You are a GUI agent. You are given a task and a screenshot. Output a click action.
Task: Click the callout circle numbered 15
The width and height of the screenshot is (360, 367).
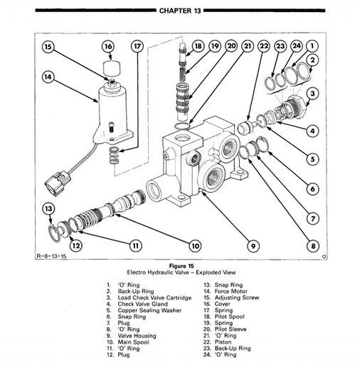[48, 47]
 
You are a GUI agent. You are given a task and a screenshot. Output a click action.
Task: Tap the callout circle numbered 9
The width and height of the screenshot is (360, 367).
[253, 246]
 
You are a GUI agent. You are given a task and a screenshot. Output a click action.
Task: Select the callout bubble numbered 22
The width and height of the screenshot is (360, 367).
[264, 46]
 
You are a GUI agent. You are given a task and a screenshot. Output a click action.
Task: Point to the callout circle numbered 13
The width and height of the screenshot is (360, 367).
[48, 208]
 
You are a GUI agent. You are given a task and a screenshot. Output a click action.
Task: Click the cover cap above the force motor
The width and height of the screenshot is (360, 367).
[111, 68]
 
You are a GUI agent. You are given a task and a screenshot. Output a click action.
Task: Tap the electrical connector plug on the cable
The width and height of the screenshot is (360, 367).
[57, 183]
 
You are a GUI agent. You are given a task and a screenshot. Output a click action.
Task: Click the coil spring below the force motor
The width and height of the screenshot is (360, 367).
[114, 156]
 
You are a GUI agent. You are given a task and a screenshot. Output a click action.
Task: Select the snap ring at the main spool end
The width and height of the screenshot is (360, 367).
[54, 233]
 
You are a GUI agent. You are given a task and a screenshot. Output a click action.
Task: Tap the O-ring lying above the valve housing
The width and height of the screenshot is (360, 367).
[182, 126]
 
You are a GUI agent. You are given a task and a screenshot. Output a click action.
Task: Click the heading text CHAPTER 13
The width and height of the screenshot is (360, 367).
[180, 11]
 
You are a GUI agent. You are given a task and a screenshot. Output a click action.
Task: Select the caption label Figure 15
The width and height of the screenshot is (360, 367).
[181, 266]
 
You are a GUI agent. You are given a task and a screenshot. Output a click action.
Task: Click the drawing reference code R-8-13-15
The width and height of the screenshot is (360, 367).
[51, 256]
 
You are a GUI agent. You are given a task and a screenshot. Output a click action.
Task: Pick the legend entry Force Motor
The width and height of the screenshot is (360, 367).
[231, 291]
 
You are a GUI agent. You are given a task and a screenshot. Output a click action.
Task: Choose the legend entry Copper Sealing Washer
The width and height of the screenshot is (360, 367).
[149, 310]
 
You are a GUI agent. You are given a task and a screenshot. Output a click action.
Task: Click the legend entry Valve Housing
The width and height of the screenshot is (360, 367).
[137, 336]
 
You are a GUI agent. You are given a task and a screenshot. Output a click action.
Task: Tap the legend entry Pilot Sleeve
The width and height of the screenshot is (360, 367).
[231, 329]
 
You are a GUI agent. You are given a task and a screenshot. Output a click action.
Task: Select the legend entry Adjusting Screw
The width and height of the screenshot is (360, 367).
[237, 298]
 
